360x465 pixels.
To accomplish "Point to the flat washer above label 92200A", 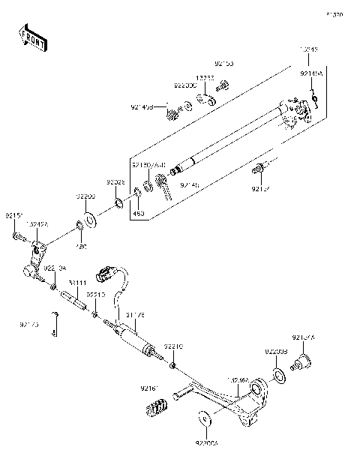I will (x=203, y=418).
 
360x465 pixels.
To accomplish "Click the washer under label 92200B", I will (x=277, y=373).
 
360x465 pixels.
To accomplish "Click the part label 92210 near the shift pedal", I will (x=174, y=347).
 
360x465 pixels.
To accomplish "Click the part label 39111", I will (x=77, y=283).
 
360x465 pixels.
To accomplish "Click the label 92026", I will (x=115, y=182).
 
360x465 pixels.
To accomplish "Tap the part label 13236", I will (x=206, y=77).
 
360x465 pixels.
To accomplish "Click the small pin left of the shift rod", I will (x=55, y=324).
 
